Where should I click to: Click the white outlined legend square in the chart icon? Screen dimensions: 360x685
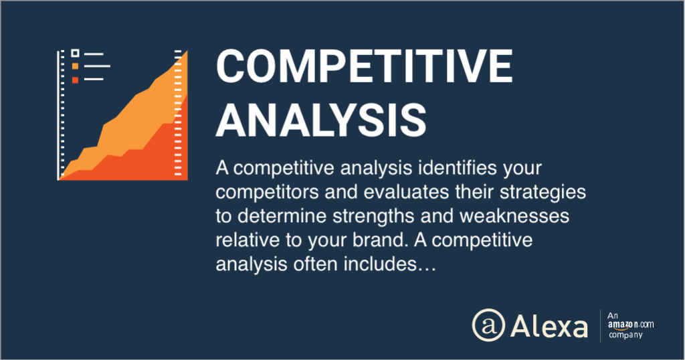tap(76, 53)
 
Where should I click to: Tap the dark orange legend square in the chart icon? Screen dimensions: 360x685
tap(76, 80)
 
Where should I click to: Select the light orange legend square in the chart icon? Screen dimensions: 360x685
tap(76, 66)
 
